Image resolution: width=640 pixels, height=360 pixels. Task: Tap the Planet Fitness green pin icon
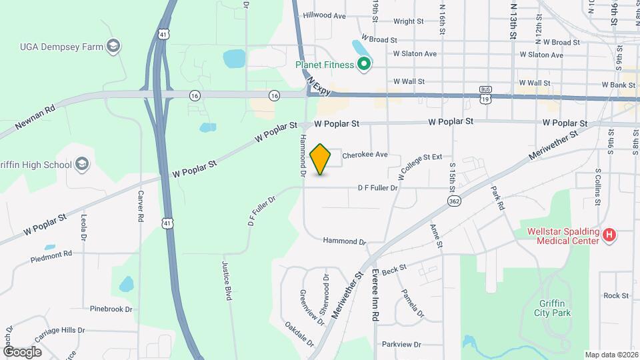[363, 65]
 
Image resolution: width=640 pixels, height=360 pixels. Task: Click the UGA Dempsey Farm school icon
[114, 45]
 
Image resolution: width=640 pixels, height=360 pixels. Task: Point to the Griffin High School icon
[81, 164]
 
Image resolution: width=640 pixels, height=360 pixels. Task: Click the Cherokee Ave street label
[365, 155]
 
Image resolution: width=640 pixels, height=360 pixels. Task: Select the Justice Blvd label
[227, 280]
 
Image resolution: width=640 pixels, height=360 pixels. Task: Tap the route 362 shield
[455, 200]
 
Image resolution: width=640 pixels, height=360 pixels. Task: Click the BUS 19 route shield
[485, 93]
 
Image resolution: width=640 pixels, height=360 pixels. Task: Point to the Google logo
[22, 351]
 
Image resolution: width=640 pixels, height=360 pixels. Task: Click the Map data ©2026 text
[611, 355]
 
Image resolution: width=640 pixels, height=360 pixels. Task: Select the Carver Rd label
[141, 207]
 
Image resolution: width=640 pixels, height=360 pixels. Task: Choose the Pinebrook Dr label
[111, 309]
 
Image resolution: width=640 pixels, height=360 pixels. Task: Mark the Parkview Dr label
[402, 345]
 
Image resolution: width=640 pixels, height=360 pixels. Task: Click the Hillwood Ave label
[325, 15]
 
